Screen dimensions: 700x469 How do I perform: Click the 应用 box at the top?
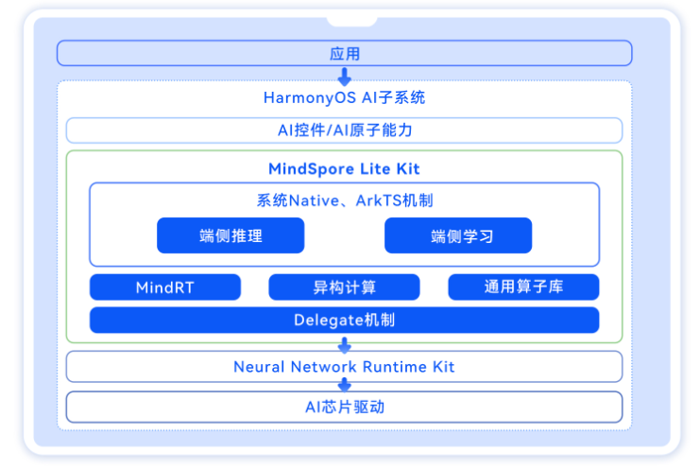click(344, 53)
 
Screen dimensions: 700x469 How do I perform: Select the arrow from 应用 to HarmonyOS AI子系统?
click(344, 76)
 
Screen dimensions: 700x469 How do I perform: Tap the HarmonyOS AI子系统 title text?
click(344, 97)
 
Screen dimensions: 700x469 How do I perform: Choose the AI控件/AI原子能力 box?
click(344, 130)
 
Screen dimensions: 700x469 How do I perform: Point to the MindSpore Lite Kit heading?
click(344, 169)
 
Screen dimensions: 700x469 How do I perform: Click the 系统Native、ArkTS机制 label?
click(344, 200)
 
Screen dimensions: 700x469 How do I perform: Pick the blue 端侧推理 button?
click(230, 235)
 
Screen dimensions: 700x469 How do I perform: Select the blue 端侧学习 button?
click(458, 235)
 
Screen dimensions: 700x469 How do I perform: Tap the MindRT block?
click(165, 287)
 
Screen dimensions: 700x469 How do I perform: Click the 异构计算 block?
click(344, 287)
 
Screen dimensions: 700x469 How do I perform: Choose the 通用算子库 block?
click(523, 287)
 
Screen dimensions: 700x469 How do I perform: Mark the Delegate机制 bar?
click(344, 320)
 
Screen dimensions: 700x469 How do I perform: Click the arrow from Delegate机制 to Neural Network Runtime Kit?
click(344, 344)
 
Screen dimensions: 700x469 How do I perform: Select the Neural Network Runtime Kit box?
click(344, 366)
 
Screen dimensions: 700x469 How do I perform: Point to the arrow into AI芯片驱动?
click(344, 386)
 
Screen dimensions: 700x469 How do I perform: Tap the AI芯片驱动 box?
click(344, 407)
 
